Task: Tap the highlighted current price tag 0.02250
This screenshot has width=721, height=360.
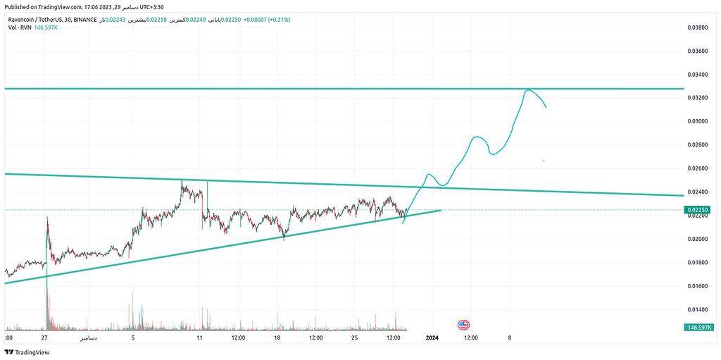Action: click(x=698, y=210)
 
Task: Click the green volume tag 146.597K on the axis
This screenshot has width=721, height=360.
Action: click(x=698, y=328)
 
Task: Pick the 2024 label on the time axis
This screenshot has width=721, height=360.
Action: click(x=432, y=338)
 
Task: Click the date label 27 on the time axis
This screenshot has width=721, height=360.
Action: click(x=44, y=338)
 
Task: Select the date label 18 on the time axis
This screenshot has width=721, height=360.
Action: click(x=278, y=338)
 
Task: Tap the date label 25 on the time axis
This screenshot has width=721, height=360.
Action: click(x=356, y=338)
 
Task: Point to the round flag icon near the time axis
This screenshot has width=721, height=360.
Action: click(x=463, y=325)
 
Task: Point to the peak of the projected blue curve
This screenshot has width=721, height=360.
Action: click(x=528, y=90)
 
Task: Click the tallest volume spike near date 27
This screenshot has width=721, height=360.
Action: click(x=47, y=296)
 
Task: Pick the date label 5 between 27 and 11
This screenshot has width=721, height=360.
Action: click(x=133, y=338)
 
